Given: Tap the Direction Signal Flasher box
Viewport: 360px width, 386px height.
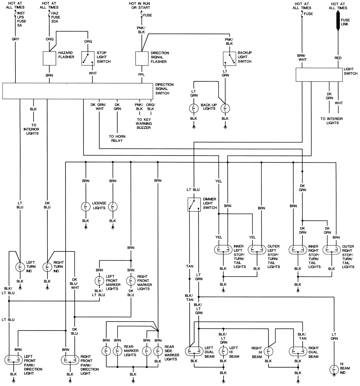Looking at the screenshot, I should (x=142, y=58).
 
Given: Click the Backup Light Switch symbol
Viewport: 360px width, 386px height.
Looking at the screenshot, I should (x=229, y=58).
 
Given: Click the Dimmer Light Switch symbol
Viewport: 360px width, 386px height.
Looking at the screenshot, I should (x=194, y=205).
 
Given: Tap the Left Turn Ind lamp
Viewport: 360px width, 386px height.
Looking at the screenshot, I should (x=20, y=267).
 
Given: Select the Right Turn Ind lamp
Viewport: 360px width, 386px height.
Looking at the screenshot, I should (x=47, y=267).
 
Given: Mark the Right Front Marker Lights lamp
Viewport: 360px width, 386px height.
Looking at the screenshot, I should (x=130, y=280).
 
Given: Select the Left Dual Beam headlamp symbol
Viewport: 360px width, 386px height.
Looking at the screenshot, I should (x=194, y=351).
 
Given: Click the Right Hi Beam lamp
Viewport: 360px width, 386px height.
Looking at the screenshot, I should (x=268, y=351).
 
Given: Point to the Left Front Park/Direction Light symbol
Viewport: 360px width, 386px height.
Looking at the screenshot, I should (x=14, y=360).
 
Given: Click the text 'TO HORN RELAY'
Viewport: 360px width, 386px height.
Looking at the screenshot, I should (x=117, y=138).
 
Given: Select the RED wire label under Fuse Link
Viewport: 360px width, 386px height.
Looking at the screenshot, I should (x=338, y=58).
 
